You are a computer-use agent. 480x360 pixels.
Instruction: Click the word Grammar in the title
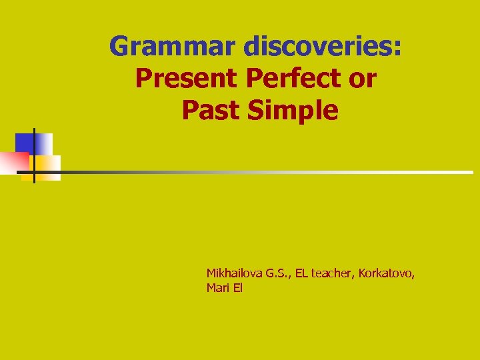click(173, 47)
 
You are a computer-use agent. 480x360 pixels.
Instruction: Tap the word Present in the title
click(186, 79)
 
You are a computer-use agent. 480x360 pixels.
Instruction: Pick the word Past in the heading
click(210, 111)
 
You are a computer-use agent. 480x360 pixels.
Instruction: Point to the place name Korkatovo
click(387, 273)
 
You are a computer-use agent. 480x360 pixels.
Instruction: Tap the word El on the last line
click(238, 289)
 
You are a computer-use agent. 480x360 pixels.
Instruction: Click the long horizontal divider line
click(267, 172)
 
